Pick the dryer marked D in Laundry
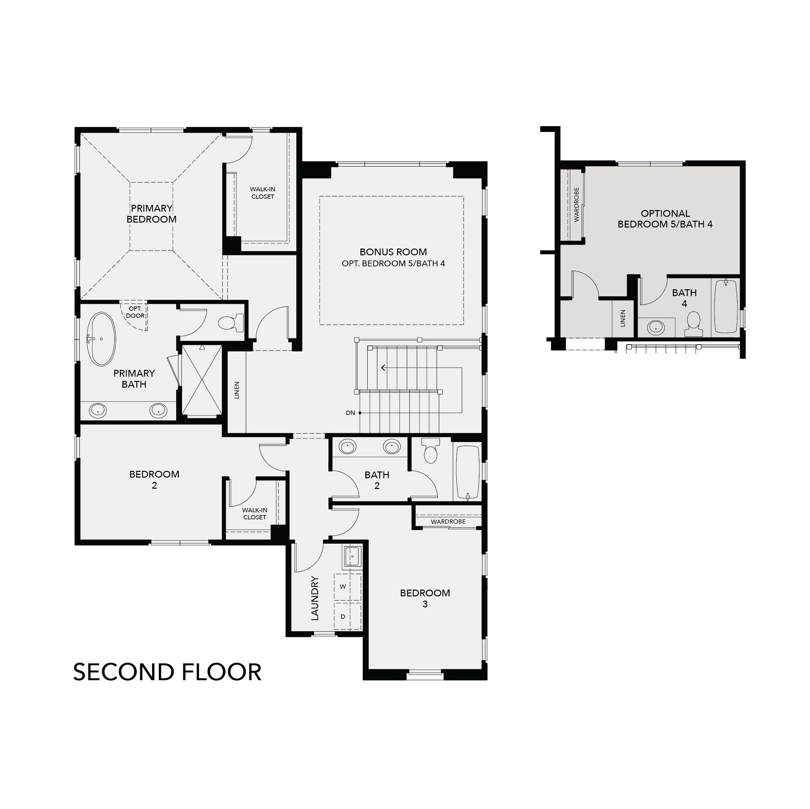click(343, 617)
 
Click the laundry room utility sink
click(352, 556)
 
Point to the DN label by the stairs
click(350, 413)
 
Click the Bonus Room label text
click(393, 252)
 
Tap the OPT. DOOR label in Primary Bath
click(135, 313)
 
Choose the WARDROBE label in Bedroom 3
click(448, 522)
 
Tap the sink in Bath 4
click(656, 327)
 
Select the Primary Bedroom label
click(151, 214)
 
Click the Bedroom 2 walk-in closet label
click(255, 514)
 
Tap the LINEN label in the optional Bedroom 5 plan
click(622, 318)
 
